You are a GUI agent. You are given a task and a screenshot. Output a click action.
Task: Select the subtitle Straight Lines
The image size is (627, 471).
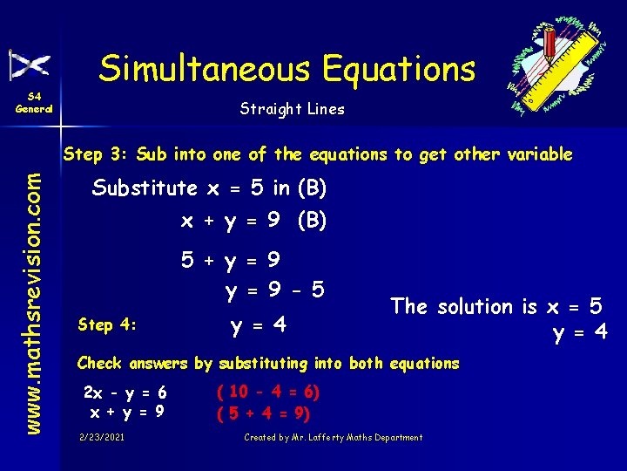(292, 109)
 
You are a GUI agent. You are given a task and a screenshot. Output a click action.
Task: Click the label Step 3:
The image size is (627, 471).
(95, 154)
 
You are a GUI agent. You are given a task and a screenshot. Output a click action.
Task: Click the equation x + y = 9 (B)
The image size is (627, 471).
(253, 222)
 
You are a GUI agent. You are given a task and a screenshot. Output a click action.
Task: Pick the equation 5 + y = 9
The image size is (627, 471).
(230, 260)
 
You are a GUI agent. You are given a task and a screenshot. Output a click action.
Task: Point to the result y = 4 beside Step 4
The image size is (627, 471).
(258, 326)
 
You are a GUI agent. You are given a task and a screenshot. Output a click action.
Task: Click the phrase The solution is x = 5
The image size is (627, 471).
(496, 306)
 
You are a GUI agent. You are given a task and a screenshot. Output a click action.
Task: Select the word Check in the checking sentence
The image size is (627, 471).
(98, 363)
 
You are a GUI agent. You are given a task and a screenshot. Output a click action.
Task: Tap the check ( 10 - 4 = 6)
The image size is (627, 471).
(267, 392)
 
